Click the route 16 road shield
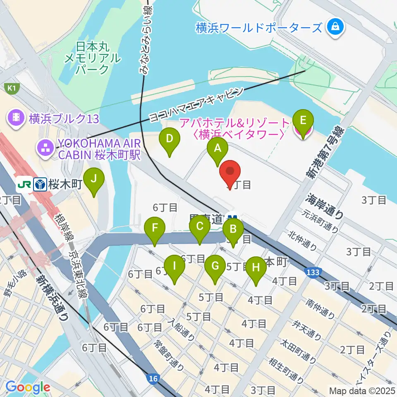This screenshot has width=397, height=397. tap(153, 378)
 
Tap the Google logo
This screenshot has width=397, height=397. tap(28, 387)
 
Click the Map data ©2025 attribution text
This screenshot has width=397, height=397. tap(361, 390)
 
